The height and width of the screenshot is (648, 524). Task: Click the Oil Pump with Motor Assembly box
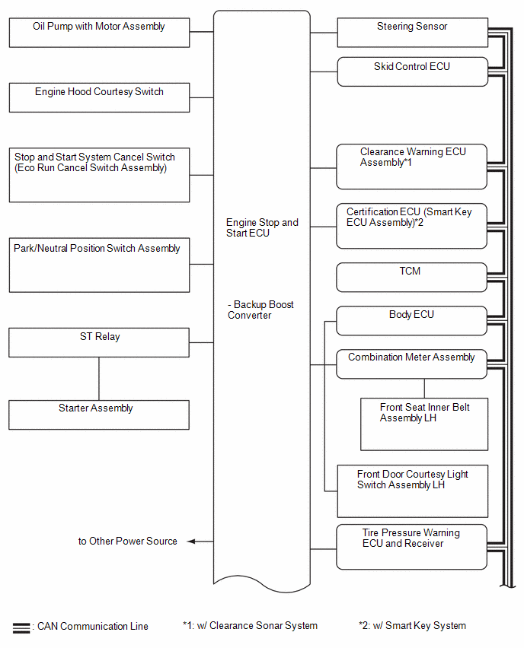pos(99,32)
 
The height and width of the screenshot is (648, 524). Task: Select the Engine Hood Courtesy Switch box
pos(99,97)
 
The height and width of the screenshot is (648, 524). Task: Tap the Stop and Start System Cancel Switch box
pos(99,175)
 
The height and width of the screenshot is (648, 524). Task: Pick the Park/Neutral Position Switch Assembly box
pos(99,265)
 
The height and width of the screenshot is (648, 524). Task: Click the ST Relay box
pos(99,342)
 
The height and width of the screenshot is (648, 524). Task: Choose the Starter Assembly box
pos(99,415)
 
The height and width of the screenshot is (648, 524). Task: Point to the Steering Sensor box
pos(413,32)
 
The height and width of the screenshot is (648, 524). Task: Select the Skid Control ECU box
pos(413,71)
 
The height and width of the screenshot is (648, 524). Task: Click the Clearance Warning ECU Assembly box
pos(412,167)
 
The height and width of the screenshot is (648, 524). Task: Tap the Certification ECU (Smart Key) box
pos(412,226)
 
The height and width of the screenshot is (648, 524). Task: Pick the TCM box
pos(412,278)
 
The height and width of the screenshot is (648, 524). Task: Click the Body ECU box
pos(412,321)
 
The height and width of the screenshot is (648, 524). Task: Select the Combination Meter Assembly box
pos(412,364)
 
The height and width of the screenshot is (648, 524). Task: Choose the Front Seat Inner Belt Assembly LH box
pos(424,424)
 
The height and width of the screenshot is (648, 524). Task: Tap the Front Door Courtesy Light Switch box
pos(413,491)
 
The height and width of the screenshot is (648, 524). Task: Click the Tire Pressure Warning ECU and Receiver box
pos(412,547)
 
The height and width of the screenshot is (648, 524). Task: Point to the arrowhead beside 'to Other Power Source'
pos(191,542)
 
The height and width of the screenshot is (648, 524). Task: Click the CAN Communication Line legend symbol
pos(21,627)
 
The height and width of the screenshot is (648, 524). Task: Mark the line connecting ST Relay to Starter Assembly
pos(99,379)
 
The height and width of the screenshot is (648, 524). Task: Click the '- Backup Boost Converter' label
pos(260,310)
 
